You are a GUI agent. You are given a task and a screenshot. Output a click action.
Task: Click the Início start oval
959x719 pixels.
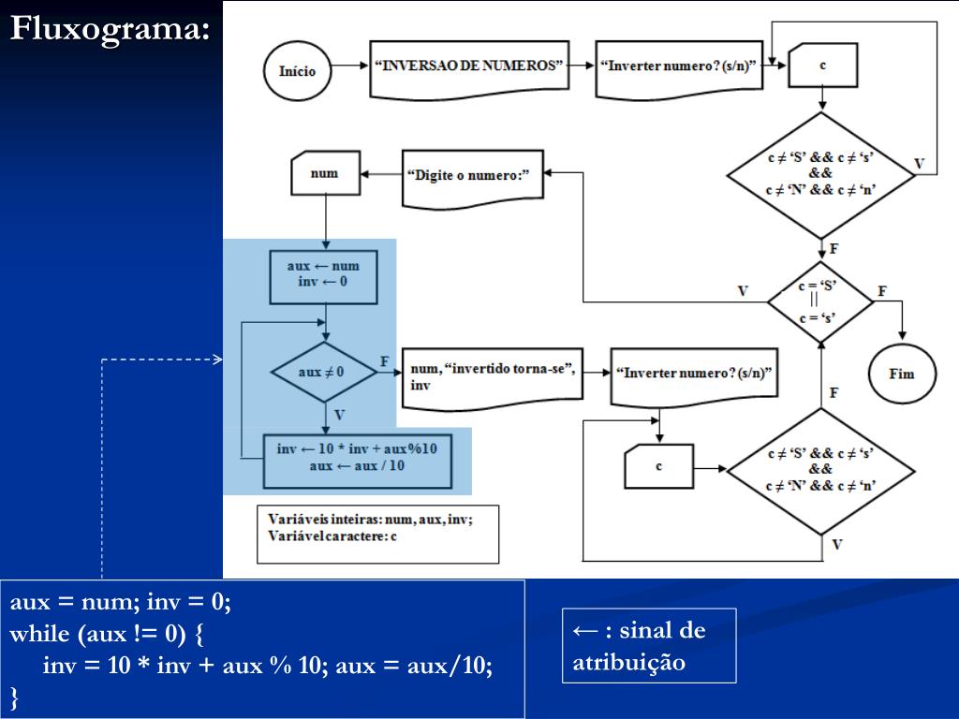[x=297, y=71]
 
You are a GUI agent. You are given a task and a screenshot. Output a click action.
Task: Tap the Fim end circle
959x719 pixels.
[x=902, y=374]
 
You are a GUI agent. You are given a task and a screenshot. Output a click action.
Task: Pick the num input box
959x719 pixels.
[x=325, y=173]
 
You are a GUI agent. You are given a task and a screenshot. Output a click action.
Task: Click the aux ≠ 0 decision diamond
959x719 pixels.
[x=323, y=372]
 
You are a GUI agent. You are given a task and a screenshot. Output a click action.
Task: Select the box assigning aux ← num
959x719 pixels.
[x=323, y=277]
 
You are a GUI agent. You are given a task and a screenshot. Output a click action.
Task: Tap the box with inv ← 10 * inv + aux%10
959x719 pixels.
[x=358, y=461]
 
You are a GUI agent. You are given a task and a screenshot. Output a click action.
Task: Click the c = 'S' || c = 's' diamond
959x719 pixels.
[x=820, y=302]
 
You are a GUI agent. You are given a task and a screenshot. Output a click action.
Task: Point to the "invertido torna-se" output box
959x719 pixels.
[x=493, y=378]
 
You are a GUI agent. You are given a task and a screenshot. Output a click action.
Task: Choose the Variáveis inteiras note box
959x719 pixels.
[x=378, y=534]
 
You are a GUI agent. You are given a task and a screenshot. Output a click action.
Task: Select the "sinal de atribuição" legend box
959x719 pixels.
[x=649, y=646]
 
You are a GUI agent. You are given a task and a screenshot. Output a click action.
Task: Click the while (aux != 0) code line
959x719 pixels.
[x=107, y=634]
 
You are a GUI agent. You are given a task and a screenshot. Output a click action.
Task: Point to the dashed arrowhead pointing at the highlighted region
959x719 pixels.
[x=217, y=359]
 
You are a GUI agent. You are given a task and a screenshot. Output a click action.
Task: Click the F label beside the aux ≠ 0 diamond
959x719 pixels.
[x=384, y=361]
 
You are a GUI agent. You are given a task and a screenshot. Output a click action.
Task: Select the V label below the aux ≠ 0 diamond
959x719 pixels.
[x=339, y=415]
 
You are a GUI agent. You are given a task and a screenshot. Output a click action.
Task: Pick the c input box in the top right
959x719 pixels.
[x=822, y=66]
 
